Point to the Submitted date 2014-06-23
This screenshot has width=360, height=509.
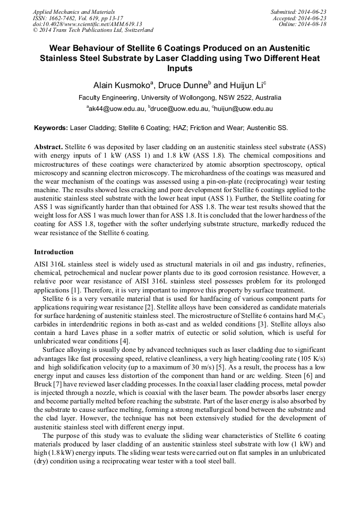click(299, 11)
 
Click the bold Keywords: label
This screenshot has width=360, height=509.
click(51, 128)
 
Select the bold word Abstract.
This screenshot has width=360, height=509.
click(48, 146)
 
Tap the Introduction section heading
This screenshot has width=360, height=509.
click(54, 252)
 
